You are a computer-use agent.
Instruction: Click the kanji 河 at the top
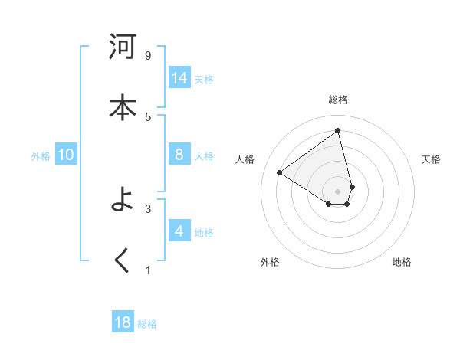point(123,47)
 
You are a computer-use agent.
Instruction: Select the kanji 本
point(123,106)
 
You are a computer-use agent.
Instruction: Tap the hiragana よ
point(123,202)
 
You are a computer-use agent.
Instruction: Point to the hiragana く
point(123,261)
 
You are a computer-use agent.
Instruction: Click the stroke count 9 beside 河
point(148,55)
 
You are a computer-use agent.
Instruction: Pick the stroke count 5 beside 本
point(148,116)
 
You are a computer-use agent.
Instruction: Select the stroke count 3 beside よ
point(148,208)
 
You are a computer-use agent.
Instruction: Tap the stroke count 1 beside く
point(148,270)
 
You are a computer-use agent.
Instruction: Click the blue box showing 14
point(179,78)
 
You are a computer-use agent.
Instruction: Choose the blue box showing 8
point(179,155)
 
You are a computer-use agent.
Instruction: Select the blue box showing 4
point(179,231)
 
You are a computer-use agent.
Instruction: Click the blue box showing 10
point(66,155)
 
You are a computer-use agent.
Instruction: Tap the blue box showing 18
point(123,322)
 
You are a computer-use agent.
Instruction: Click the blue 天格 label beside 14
point(204,80)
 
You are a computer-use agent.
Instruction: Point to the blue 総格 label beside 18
point(147,324)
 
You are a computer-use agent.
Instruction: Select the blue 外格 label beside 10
point(41,156)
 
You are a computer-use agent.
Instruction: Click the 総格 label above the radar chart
point(338,100)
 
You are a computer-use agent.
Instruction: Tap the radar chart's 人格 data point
point(279,172)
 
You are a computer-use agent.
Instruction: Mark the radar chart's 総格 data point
point(338,131)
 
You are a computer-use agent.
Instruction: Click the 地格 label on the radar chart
point(402,262)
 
